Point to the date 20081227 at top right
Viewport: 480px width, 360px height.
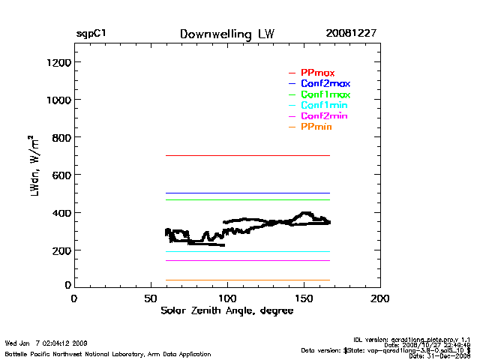click(351, 34)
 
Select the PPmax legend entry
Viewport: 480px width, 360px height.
click(317, 73)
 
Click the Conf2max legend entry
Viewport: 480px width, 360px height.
click(325, 84)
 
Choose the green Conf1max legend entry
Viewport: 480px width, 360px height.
click(325, 95)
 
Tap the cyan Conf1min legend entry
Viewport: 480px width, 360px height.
click(324, 106)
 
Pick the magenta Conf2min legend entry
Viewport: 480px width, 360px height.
click(324, 117)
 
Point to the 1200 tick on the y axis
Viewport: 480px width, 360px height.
click(58, 62)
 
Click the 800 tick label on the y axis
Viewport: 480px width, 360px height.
click(60, 138)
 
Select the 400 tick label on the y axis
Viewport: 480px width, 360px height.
click(60, 213)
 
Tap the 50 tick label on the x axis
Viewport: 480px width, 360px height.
click(150, 298)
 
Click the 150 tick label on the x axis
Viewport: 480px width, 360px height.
click(304, 298)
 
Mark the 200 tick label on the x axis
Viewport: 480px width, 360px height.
click(380, 298)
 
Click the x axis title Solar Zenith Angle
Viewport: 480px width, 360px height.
click(226, 311)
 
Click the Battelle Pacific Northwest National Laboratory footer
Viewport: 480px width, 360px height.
click(108, 353)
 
